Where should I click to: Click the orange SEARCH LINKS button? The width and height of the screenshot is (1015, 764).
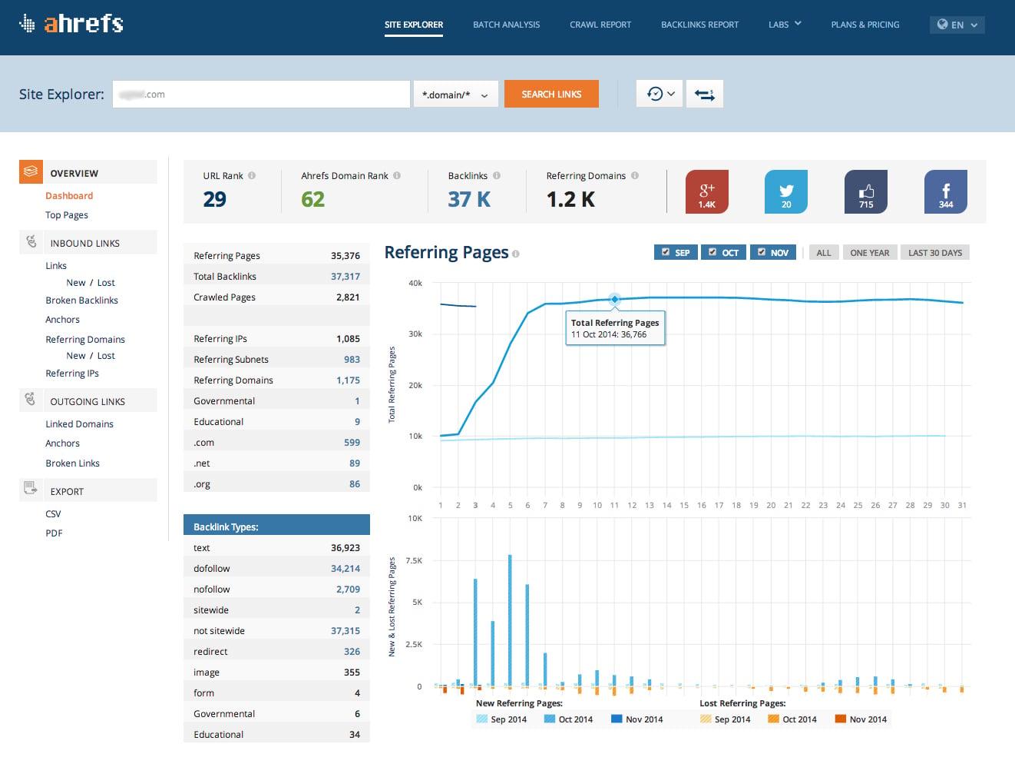click(551, 95)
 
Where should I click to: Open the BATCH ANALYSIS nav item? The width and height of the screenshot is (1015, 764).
click(506, 25)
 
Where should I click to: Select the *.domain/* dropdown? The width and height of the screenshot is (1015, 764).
click(455, 95)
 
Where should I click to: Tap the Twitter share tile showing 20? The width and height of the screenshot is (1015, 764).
click(785, 191)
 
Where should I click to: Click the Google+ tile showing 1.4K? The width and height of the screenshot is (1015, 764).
click(706, 191)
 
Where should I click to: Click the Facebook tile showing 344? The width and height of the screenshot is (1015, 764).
click(945, 191)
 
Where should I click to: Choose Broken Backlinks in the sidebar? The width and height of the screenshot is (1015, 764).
click(81, 301)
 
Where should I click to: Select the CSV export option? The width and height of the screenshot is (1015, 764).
click(53, 514)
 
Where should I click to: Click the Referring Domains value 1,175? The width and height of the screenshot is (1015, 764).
click(348, 380)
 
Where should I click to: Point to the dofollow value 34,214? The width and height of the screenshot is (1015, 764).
click(345, 569)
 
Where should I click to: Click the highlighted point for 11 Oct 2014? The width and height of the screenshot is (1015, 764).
click(614, 299)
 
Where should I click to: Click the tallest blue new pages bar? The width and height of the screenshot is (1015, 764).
click(510, 619)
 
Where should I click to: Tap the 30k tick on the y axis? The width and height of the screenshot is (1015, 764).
click(415, 334)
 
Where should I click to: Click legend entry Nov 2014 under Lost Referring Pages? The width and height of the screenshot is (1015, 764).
click(861, 719)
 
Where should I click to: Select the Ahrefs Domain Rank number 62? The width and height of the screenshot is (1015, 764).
click(312, 200)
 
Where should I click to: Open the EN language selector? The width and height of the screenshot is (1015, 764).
click(957, 25)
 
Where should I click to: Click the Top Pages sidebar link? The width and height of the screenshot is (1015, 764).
click(67, 215)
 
